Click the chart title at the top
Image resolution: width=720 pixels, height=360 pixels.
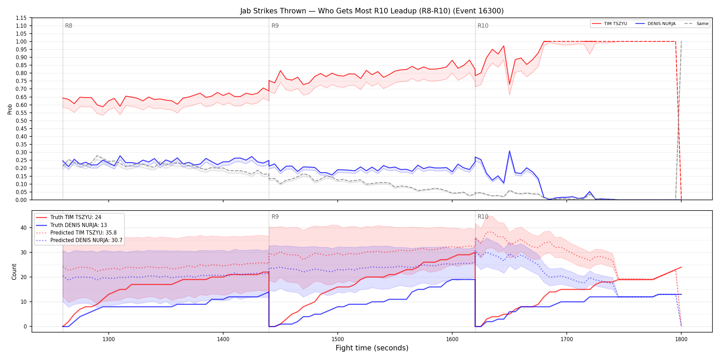coord(372,11)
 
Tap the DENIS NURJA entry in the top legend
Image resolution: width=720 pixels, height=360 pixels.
coord(656,24)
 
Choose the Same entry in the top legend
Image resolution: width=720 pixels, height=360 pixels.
coord(696,24)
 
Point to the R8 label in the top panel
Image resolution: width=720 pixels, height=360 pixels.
coord(69,26)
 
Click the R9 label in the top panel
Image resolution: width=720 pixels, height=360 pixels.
coord(275,26)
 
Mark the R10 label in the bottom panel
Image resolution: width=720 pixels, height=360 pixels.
coord(483,217)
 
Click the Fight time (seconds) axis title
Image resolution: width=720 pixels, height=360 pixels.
coord(372,348)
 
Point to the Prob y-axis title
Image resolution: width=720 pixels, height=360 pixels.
coord(10,109)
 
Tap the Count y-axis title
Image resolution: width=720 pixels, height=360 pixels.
coord(14,272)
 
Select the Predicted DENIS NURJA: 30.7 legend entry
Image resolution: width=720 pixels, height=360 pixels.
coord(79,240)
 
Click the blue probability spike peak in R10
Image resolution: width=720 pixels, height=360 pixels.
coord(509,151)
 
